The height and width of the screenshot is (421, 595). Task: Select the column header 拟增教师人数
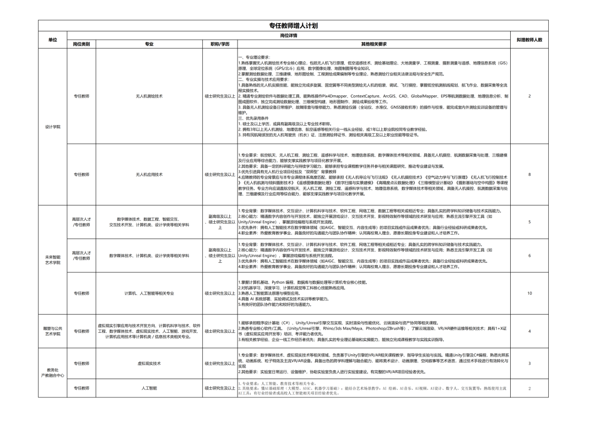pyautogui.click(x=529, y=40)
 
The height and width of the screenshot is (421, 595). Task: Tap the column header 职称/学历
pyautogui.click(x=220, y=44)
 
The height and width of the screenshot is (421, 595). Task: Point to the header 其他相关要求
pyautogui.click(x=374, y=44)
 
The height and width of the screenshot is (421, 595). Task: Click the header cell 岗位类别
pyautogui.click(x=81, y=44)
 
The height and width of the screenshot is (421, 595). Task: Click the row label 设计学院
pyautogui.click(x=53, y=127)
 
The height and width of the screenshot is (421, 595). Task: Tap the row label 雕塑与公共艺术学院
pyautogui.click(x=53, y=331)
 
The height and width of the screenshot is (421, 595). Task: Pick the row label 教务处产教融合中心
pyautogui.click(x=53, y=372)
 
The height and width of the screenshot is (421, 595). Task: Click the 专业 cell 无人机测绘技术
pyautogui.click(x=149, y=96)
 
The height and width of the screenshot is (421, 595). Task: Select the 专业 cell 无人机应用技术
pyautogui.click(x=149, y=174)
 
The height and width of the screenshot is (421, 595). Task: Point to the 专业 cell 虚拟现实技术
pyautogui.click(x=149, y=363)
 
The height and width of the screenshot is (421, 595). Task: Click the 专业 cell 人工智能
pyautogui.click(x=149, y=388)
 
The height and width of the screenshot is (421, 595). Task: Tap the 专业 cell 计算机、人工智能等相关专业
pyautogui.click(x=149, y=293)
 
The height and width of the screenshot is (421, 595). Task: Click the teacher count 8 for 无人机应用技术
pyautogui.click(x=529, y=174)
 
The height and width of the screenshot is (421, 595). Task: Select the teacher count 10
pyautogui.click(x=529, y=293)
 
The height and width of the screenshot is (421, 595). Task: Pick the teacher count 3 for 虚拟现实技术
pyautogui.click(x=529, y=363)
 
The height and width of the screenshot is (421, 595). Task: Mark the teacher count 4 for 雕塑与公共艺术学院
pyautogui.click(x=529, y=331)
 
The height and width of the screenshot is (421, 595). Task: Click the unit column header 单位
pyautogui.click(x=53, y=40)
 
